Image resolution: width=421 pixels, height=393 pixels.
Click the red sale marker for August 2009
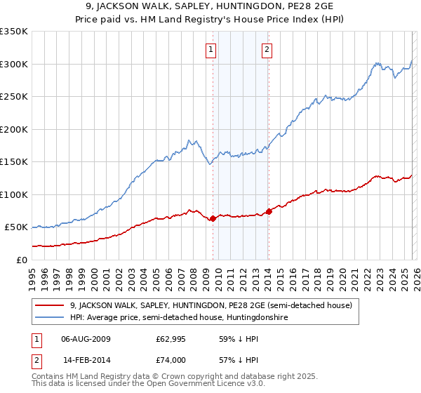coord(213,218)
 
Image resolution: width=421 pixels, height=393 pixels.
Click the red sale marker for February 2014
coord(269,211)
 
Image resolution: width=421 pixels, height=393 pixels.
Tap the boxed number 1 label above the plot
coord(211,49)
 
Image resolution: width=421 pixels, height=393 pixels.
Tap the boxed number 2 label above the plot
coord(267,49)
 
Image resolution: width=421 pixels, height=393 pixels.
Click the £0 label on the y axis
coord(20,260)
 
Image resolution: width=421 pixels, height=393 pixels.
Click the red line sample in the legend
coord(50,305)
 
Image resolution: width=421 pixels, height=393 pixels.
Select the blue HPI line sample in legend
coord(50,318)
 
